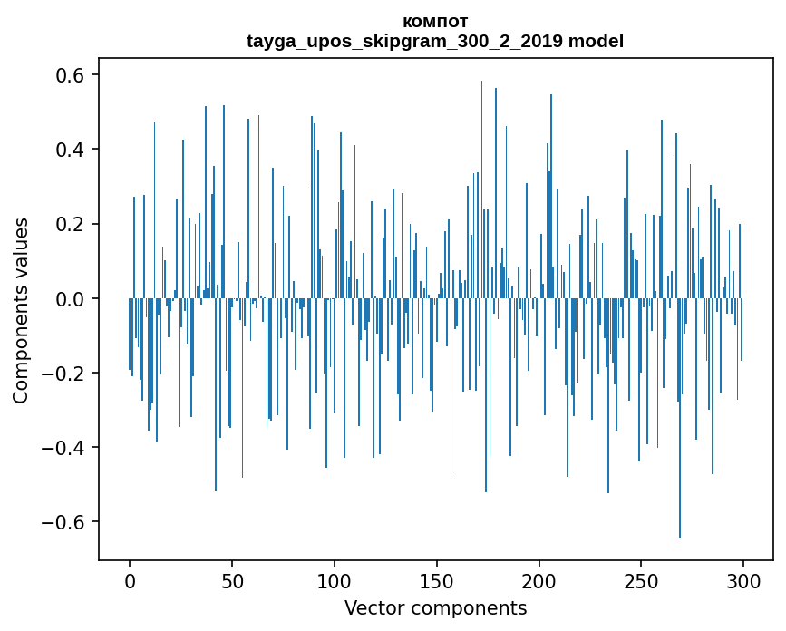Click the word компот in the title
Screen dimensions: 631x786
click(435, 21)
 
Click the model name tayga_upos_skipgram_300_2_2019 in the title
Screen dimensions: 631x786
click(404, 41)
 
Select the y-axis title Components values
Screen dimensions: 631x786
click(21, 310)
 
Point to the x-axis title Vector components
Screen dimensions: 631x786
click(435, 607)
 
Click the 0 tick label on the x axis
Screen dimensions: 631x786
click(130, 579)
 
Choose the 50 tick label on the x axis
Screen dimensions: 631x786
click(232, 579)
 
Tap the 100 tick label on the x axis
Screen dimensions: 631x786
click(335, 579)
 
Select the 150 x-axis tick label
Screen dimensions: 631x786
click(437, 579)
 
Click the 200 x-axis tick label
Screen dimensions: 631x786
click(539, 579)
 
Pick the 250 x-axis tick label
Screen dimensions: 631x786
click(641, 579)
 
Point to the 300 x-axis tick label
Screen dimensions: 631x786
click(743, 579)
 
